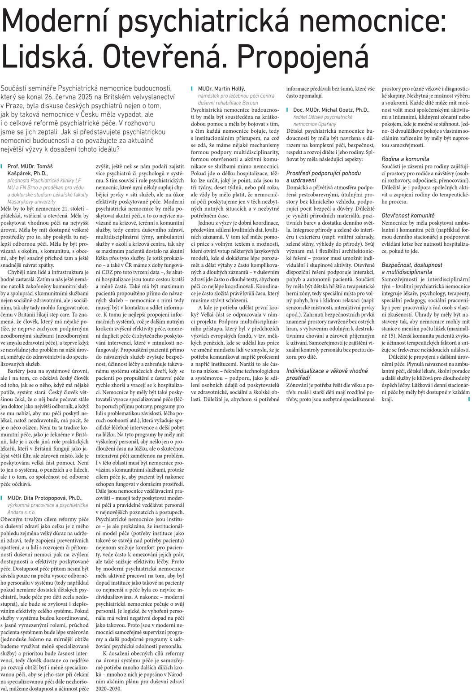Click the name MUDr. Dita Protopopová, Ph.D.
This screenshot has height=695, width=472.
45,498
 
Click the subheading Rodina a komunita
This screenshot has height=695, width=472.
405,159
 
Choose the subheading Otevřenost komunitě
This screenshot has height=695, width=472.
408,216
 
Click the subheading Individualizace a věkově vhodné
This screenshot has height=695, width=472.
327,370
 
